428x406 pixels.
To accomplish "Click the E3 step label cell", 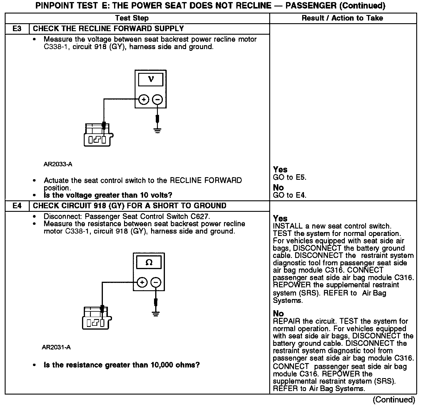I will coord(17,29).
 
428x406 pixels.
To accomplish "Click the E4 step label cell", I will coord(17,206).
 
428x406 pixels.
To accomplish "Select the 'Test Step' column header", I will coord(132,18).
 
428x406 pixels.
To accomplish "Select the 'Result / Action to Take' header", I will coord(342,18).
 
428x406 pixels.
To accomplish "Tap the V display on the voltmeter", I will coord(151,79).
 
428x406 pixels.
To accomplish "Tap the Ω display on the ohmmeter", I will coord(149,262).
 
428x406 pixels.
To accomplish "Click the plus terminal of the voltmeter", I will coord(144,100).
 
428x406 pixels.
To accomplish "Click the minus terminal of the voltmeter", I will coord(158,100).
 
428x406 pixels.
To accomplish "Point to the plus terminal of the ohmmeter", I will coord(142,283).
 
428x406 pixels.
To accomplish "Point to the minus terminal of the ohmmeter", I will coord(156,283).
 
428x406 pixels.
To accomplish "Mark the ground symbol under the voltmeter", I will coord(158,130).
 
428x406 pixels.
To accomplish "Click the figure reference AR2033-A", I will coord(58,164).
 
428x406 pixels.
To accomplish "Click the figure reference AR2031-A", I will coord(56,347).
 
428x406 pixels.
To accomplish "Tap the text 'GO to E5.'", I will coord(290,177).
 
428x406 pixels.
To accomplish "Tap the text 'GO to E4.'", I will coord(290,195).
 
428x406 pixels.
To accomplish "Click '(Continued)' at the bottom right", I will coord(394,400).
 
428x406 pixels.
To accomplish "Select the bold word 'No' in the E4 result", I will coord(278,313).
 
